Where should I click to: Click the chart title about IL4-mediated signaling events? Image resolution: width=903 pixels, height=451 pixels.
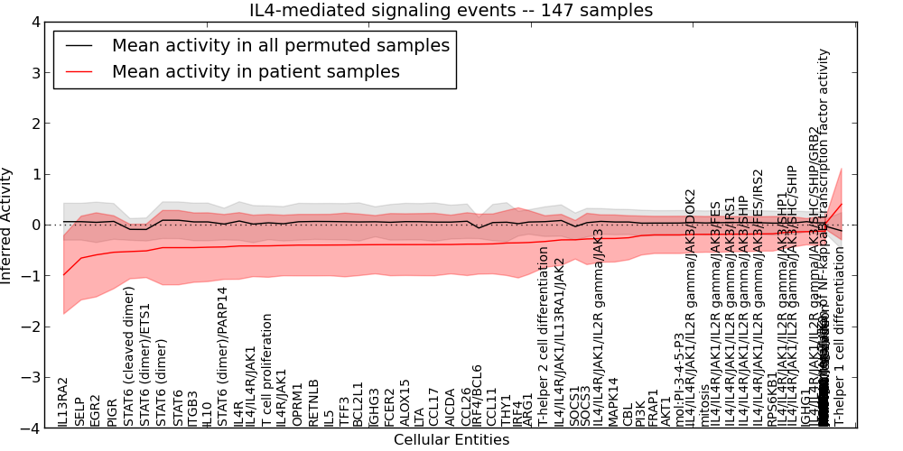coord(451,10)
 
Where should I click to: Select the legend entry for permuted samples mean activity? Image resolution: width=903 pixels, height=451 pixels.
coord(280,45)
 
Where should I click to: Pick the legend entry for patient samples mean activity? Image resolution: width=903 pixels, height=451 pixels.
coord(256,71)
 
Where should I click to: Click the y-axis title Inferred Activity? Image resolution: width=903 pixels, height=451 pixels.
coord(7,225)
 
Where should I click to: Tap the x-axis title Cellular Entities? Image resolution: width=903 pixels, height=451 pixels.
coord(451,440)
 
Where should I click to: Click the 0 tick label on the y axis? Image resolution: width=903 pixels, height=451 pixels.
coord(34,225)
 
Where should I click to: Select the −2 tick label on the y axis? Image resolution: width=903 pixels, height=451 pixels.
coord(31,327)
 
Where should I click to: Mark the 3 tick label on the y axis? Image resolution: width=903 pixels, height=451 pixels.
coord(34,72)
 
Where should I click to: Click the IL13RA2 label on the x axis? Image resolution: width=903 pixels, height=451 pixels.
coord(63,402)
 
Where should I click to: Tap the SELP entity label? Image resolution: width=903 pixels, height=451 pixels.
coord(79,411)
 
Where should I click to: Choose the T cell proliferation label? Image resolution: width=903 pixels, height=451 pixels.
coord(267,371)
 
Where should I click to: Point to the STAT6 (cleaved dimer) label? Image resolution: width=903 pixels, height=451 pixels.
coord(129,356)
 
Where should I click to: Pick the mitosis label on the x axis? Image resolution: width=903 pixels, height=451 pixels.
coord(705,405)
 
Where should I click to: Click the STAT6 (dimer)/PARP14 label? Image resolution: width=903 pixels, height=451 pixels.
coord(222,357)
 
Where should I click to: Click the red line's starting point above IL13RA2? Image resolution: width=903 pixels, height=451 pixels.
coord(63,275)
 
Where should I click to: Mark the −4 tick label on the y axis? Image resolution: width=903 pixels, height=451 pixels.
coord(31,428)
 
